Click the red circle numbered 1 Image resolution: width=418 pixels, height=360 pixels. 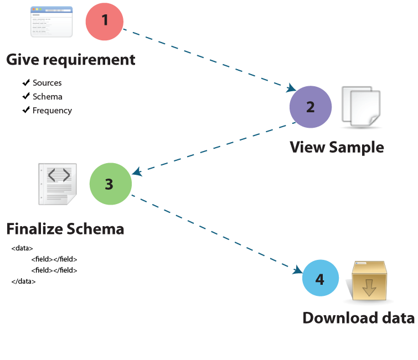[x=106, y=21]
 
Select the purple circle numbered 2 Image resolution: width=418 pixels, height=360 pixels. [x=311, y=107]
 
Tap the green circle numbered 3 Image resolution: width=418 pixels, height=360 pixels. [x=109, y=184]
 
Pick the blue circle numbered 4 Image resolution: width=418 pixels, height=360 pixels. [x=319, y=279]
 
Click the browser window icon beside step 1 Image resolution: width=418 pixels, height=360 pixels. [x=51, y=22]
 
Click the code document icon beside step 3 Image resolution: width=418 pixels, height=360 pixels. [x=58, y=184]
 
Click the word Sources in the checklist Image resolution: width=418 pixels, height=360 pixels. [x=47, y=83]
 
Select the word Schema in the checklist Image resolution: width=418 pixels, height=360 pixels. [x=47, y=97]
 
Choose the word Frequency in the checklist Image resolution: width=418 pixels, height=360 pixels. [x=52, y=111]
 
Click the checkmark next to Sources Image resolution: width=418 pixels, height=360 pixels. [x=25, y=82]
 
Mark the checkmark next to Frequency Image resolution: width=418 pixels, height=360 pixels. [x=25, y=110]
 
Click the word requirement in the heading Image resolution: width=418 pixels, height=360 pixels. [x=90, y=60]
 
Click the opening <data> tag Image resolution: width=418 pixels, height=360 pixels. [x=22, y=248]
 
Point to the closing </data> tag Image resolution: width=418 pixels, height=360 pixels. [x=23, y=281]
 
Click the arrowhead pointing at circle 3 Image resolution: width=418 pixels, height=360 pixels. [x=137, y=173]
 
